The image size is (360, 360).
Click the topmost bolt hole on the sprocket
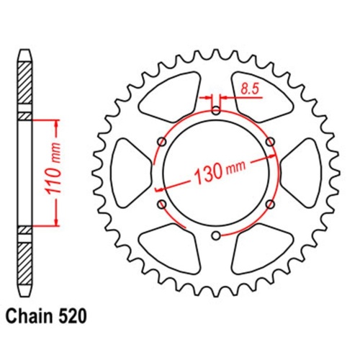216,109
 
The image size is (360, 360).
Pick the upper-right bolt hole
270,142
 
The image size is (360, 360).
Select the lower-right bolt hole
270,204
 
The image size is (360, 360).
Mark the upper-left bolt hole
161,142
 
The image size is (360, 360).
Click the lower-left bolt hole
161,205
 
